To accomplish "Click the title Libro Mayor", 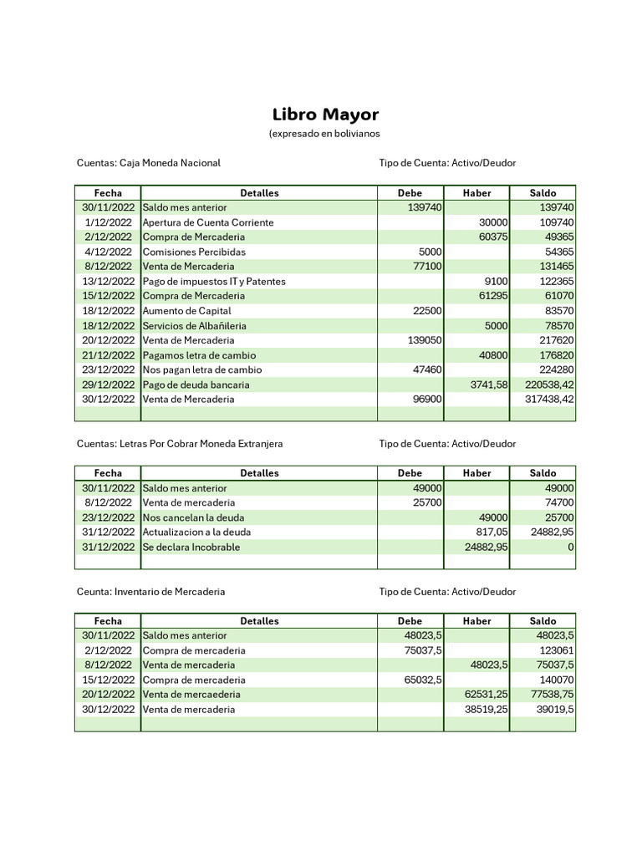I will [325, 115].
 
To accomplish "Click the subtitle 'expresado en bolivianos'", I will [324, 134].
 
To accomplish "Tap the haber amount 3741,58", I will [489, 385].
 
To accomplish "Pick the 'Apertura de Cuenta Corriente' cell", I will [208, 222].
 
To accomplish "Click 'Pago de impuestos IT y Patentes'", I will [214, 282].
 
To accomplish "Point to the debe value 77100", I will [427, 267].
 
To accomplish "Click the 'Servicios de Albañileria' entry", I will [195, 326].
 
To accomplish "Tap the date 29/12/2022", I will [108, 385].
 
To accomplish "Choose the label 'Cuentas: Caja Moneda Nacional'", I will [149, 163].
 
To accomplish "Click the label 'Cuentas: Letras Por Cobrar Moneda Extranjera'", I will [180, 444].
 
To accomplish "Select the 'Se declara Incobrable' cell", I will [191, 547].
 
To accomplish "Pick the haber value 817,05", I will [492, 532].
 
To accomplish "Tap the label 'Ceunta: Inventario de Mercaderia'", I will [151, 592].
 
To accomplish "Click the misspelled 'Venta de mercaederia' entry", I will [191, 695].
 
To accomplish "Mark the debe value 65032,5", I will [423, 680].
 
